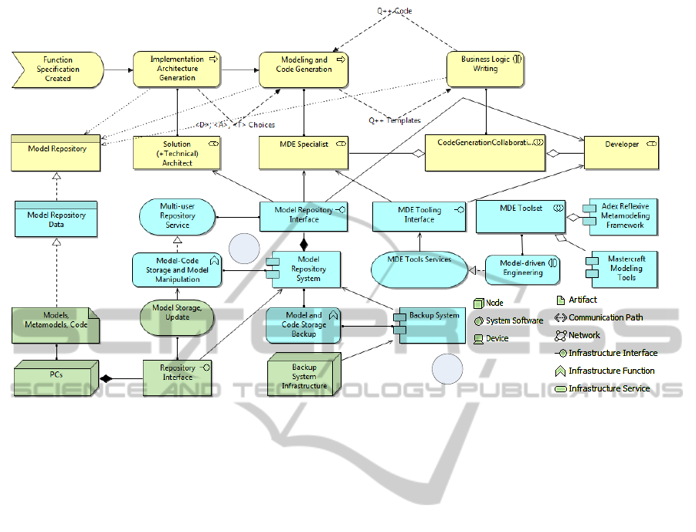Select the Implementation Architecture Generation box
coord(177,69)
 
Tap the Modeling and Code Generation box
coord(303,69)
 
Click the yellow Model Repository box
coord(57,153)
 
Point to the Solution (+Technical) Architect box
coord(177,154)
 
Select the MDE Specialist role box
coord(303,153)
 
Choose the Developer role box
coord(622,153)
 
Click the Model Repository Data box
coord(56,219)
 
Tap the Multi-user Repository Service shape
coord(178,215)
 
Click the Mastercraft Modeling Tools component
coord(623,267)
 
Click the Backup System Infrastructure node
coord(304,377)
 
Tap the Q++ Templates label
coord(394,120)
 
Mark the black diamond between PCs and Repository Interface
coord(106,378)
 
